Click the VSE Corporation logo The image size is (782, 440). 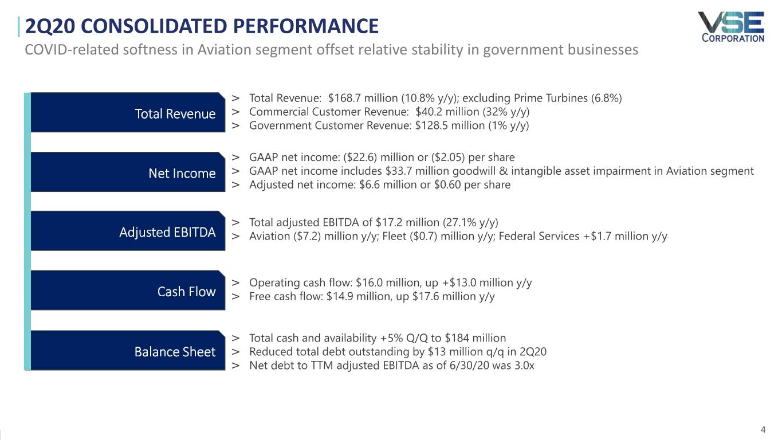(x=730, y=26)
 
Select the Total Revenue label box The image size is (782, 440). (x=127, y=113)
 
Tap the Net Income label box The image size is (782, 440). (x=127, y=172)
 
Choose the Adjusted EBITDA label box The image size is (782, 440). (x=127, y=231)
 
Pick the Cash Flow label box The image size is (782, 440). (x=127, y=291)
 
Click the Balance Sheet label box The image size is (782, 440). (x=127, y=351)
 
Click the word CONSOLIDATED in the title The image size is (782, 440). (x=154, y=26)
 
